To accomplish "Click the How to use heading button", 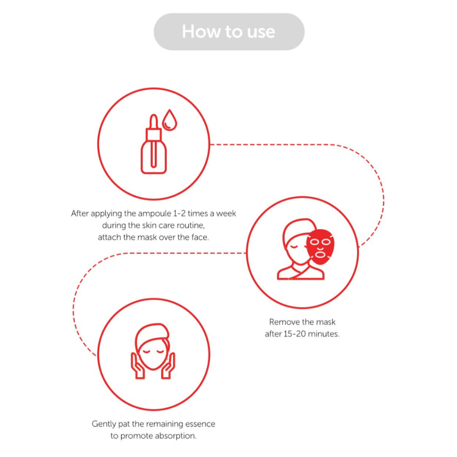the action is [x=229, y=32].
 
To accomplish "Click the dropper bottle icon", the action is [x=154, y=144].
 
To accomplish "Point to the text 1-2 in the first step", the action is [x=179, y=214].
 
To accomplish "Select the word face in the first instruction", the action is [x=200, y=237].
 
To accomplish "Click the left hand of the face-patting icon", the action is [x=137, y=366].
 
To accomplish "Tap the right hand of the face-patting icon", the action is [x=168, y=366].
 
